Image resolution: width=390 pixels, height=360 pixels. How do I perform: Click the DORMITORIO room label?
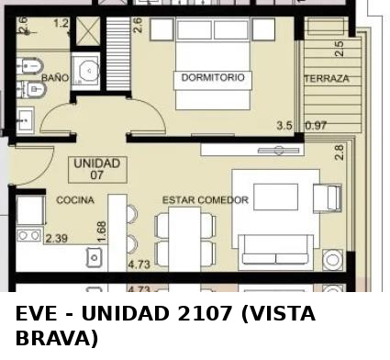[x=213, y=77]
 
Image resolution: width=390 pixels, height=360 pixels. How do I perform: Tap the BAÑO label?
[x=55, y=77]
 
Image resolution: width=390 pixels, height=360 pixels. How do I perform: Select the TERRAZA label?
[x=327, y=78]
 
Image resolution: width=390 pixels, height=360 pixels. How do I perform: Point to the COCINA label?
[x=75, y=200]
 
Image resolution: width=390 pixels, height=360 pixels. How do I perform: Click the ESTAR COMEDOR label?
[x=206, y=200]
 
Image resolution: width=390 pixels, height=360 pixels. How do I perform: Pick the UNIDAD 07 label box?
[x=97, y=170]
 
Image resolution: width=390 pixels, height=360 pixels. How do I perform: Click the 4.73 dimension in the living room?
[x=139, y=264]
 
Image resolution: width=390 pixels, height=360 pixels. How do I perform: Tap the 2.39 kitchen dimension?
[x=57, y=238]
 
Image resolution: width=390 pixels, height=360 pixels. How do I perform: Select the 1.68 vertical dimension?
[x=102, y=232]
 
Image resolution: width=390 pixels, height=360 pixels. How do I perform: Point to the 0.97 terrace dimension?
[x=316, y=126]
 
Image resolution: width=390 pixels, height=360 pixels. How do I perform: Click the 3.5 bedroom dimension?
[x=284, y=126]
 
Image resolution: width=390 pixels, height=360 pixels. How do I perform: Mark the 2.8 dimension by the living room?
[x=340, y=152]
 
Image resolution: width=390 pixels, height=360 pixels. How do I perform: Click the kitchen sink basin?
[x=95, y=257]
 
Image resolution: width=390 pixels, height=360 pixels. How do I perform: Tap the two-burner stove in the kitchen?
[x=29, y=235]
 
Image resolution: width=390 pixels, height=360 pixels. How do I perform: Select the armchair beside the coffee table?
[x=328, y=197]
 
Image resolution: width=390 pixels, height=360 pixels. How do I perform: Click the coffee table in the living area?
[x=276, y=197]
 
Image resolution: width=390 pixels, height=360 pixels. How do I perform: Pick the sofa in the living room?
[x=276, y=253]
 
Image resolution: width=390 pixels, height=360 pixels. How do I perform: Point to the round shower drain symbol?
[x=89, y=71]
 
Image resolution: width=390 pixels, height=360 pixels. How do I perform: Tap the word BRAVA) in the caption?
[x=57, y=338]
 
